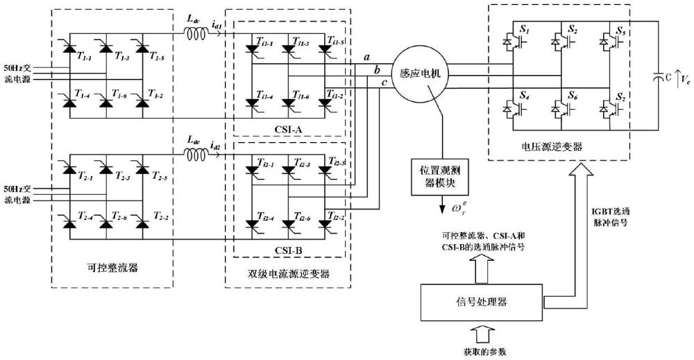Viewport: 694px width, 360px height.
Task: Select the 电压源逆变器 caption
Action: coord(552,148)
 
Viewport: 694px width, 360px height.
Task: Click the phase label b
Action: coord(377,70)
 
